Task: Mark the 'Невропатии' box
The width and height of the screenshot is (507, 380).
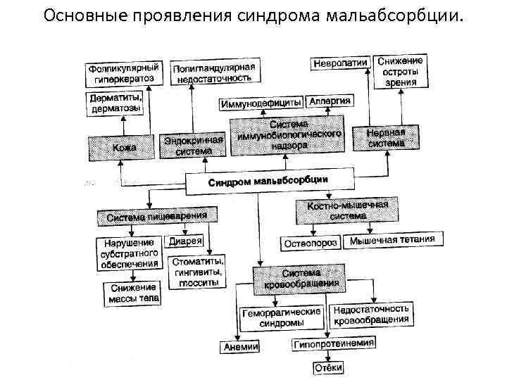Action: (339, 63)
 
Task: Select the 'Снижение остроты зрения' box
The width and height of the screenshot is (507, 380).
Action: (400, 71)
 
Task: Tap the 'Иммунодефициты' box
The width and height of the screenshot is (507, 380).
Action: (262, 103)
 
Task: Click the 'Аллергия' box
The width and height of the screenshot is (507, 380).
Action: (329, 101)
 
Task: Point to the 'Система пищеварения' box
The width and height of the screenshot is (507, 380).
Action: (156, 217)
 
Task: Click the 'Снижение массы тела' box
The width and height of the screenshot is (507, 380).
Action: (134, 293)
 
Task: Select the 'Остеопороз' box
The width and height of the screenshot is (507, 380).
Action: (311, 243)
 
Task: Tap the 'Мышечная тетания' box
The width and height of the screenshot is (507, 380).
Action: (392, 240)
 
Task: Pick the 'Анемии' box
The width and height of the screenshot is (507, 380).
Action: (241, 346)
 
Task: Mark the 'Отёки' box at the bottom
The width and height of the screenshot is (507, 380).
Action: (328, 367)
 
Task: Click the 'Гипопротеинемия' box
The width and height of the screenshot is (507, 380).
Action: (334, 343)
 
